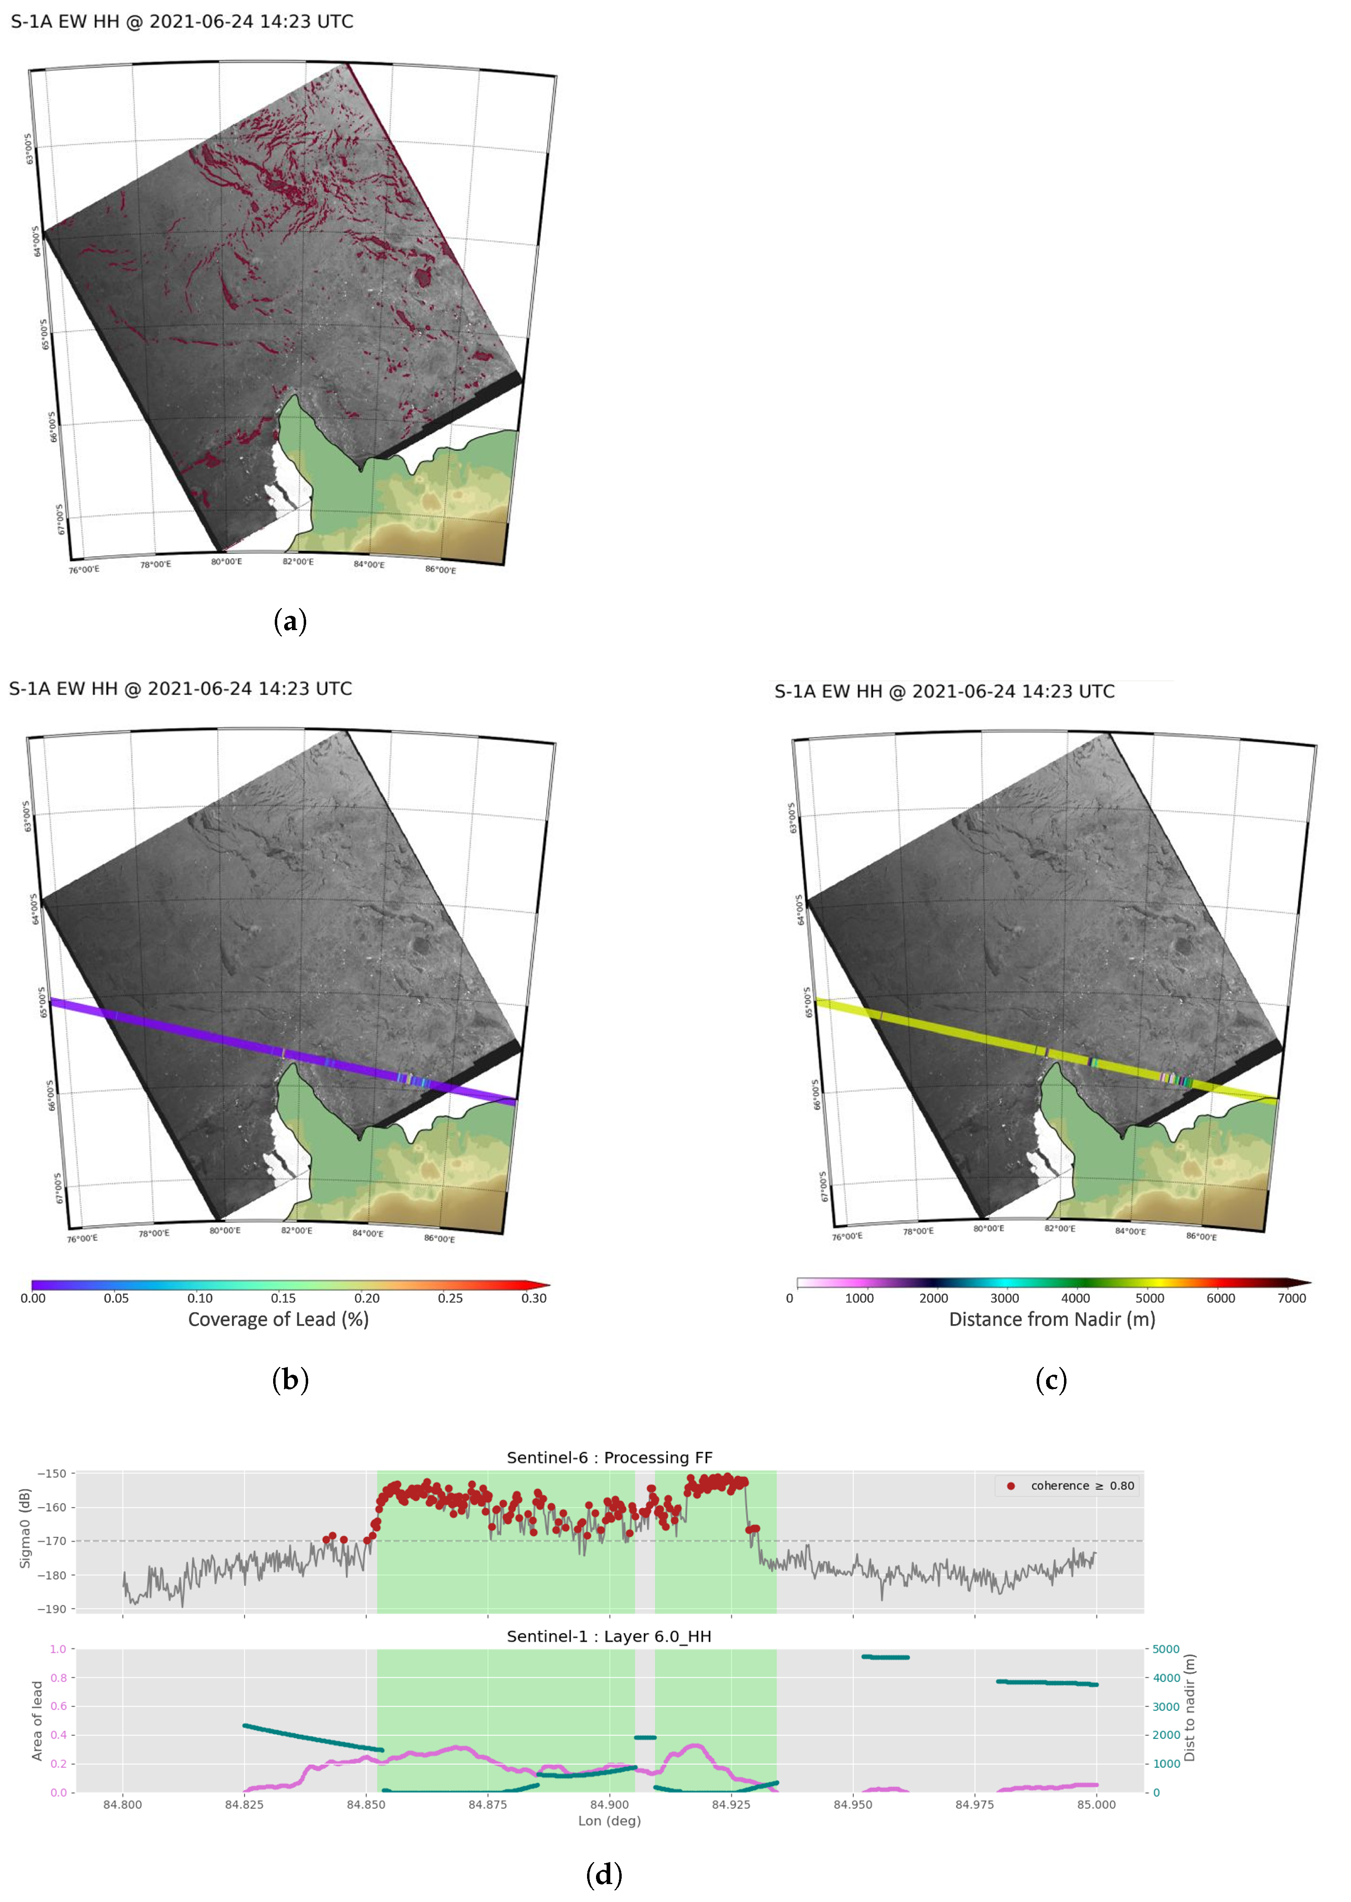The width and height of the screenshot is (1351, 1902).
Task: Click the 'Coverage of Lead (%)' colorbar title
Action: point(278,1320)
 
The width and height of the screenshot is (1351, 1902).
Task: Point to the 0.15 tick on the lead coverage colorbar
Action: point(283,1298)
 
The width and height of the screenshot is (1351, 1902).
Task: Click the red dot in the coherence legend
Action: point(1011,1486)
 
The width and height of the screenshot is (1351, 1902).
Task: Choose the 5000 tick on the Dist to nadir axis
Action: point(1166,1649)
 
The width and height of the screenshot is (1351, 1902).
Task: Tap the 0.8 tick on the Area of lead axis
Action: point(58,1678)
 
